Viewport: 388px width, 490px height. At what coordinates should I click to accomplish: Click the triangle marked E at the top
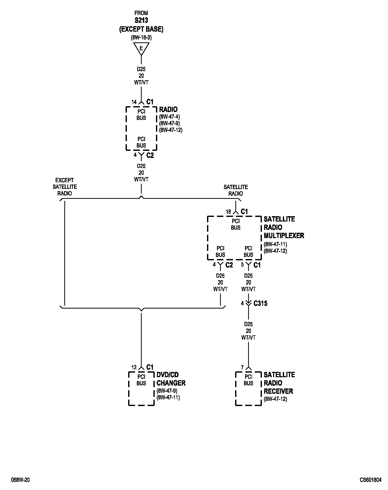click(141, 48)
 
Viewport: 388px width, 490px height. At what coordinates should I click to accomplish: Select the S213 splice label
click(141, 20)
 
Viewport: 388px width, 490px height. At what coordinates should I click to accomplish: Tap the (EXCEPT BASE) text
click(141, 29)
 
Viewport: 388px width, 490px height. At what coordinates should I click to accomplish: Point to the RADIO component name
click(168, 109)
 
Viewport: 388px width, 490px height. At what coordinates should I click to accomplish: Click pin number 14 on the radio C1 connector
click(134, 102)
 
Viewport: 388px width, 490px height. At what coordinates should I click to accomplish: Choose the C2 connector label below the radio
click(150, 155)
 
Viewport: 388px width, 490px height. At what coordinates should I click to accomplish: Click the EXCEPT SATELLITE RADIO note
click(65, 187)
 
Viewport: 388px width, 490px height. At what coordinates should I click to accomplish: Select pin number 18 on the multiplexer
click(228, 212)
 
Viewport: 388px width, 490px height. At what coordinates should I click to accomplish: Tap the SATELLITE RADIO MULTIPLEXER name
click(284, 227)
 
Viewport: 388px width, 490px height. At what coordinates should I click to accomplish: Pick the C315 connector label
click(260, 303)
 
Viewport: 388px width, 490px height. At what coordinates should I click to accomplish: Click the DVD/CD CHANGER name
click(171, 379)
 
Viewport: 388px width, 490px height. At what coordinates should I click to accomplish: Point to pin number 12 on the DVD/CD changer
click(134, 367)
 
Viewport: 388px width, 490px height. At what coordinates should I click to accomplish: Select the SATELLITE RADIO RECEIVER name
click(279, 383)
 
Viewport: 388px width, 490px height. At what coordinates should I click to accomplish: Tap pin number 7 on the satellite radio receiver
click(242, 367)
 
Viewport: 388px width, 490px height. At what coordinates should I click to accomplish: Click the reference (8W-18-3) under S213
click(141, 38)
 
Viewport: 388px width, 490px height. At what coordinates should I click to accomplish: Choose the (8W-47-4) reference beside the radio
click(169, 117)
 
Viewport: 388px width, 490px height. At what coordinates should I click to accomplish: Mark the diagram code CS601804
click(371, 480)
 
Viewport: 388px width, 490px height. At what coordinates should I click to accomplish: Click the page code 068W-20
click(20, 480)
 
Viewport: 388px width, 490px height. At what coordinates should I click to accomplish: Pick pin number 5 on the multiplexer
click(242, 265)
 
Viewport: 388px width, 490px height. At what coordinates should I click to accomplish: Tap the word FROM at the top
click(141, 13)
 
